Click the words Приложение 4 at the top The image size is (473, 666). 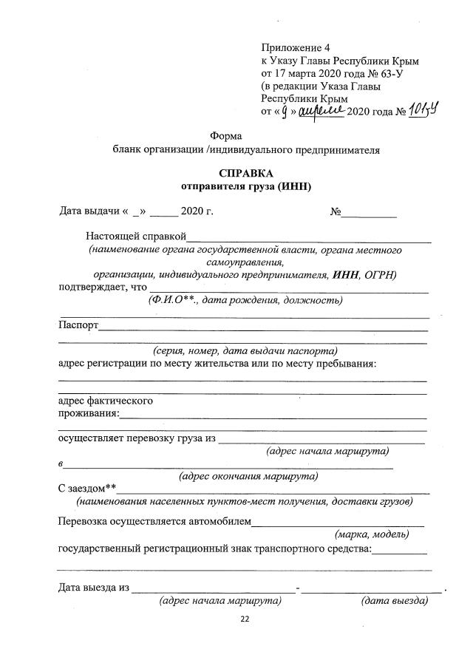(296, 48)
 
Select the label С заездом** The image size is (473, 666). (87, 489)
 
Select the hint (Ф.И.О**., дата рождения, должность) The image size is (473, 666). (245, 300)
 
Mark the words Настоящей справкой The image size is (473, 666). (135, 237)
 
